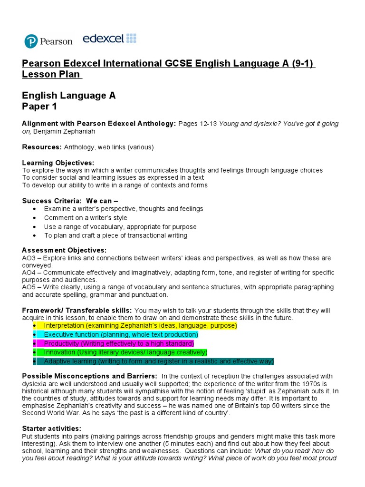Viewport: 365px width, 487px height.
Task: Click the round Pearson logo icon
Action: [31, 41]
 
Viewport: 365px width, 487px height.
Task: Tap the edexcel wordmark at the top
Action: [109, 39]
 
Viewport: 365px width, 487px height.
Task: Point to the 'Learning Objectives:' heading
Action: [58, 163]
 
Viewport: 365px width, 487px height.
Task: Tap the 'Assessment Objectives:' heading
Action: [64, 250]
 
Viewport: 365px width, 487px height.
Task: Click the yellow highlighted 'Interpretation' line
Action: [140, 325]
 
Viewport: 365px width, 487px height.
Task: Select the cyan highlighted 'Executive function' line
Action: [121, 334]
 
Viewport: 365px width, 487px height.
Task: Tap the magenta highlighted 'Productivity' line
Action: [119, 343]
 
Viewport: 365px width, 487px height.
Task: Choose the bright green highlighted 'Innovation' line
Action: [125, 352]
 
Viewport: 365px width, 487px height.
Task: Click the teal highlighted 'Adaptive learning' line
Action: [159, 361]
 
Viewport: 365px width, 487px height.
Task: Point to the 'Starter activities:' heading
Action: [51, 429]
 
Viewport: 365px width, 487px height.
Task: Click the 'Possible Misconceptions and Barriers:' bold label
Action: [89, 376]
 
